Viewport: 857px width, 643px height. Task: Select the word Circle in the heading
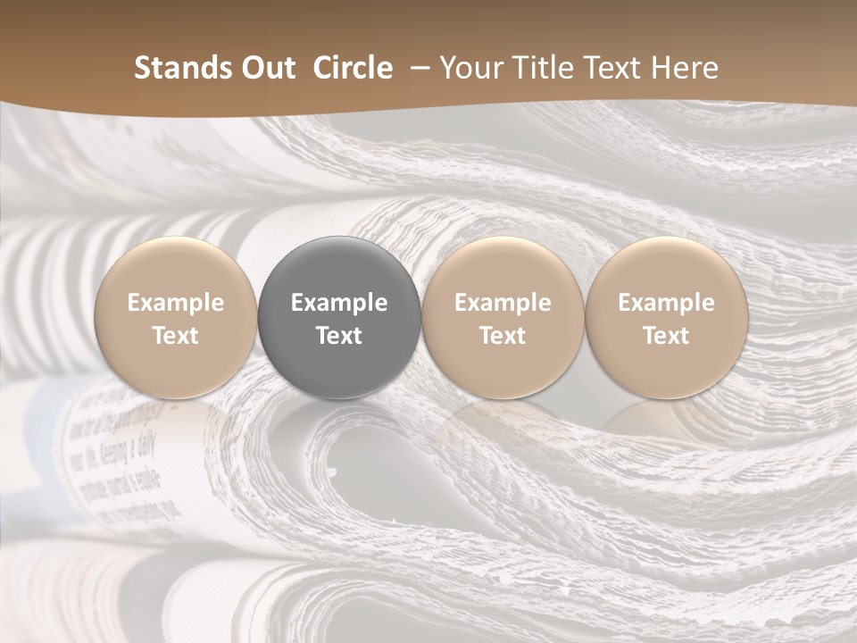click(353, 68)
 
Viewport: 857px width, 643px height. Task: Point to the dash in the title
click(416, 69)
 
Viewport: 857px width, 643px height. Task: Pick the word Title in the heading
click(540, 68)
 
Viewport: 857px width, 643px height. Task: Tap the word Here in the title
click(685, 68)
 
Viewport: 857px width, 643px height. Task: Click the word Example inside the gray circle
click(339, 303)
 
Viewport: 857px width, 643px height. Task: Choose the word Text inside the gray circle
click(339, 336)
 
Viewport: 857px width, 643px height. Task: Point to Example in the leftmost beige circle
click(176, 303)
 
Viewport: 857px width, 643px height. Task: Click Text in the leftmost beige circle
click(176, 336)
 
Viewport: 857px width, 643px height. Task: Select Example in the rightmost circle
click(666, 303)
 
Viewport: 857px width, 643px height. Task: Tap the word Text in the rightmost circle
click(666, 336)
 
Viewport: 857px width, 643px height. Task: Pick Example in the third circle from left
click(503, 303)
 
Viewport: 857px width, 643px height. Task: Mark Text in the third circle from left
click(503, 336)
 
